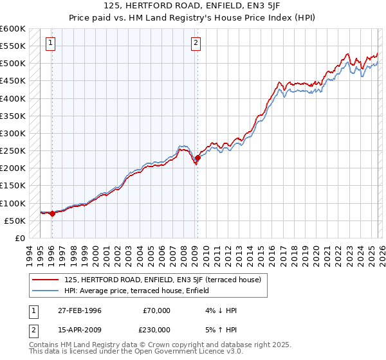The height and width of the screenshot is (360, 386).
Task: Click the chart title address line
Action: (193, 6)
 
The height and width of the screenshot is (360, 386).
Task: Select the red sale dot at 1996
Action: (52, 213)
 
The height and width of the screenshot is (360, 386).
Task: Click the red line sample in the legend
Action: (46, 280)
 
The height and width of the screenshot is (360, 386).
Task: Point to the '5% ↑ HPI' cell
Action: (220, 329)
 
